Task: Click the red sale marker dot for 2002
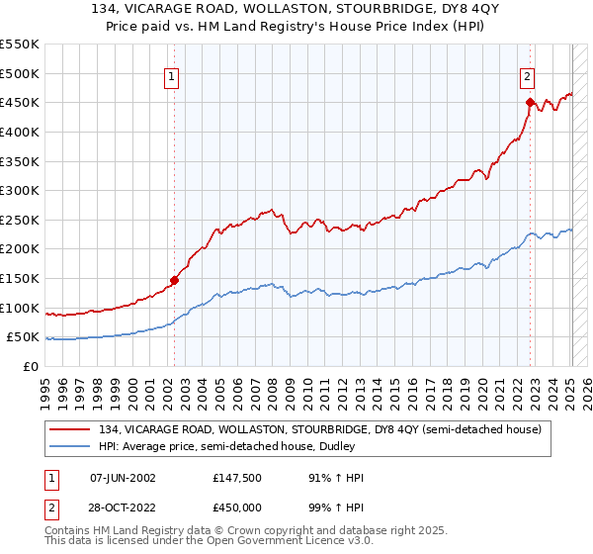click(x=174, y=280)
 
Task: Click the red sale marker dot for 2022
click(x=531, y=102)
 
